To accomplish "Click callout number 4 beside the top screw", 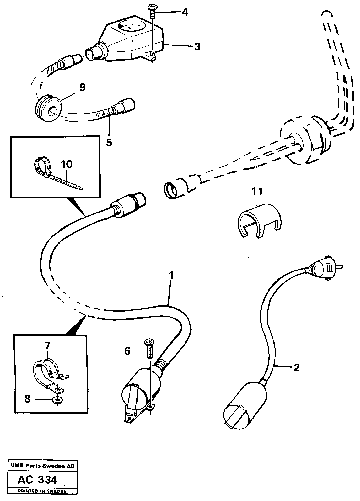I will pyautogui.click(x=185, y=12).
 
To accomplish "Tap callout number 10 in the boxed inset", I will pyautogui.click(x=66, y=164).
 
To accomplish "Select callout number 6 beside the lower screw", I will pyautogui.click(x=127, y=351).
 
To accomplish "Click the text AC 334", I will pyautogui.click(x=37, y=480).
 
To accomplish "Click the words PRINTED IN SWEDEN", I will pyautogui.click(x=42, y=491).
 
